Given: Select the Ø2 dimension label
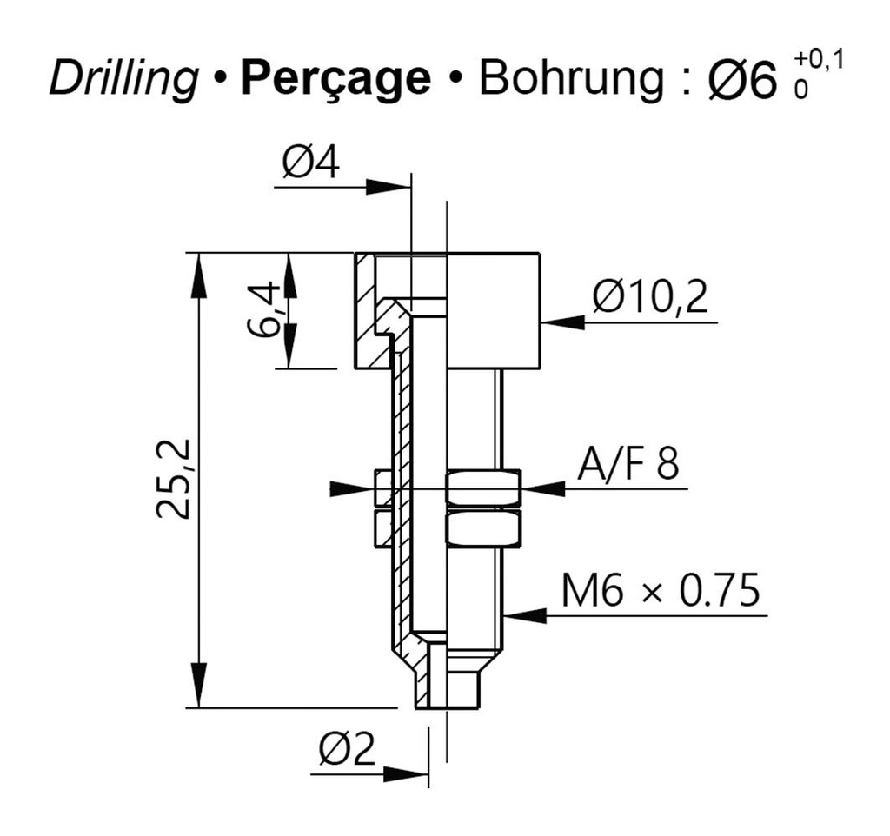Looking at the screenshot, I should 345,749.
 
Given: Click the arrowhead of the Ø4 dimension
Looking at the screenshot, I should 389,186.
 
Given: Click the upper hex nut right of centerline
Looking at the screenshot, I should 483,488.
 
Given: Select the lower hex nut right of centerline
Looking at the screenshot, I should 483,527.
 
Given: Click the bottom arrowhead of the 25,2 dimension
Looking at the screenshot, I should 199,687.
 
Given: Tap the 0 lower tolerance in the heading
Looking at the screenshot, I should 799,90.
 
